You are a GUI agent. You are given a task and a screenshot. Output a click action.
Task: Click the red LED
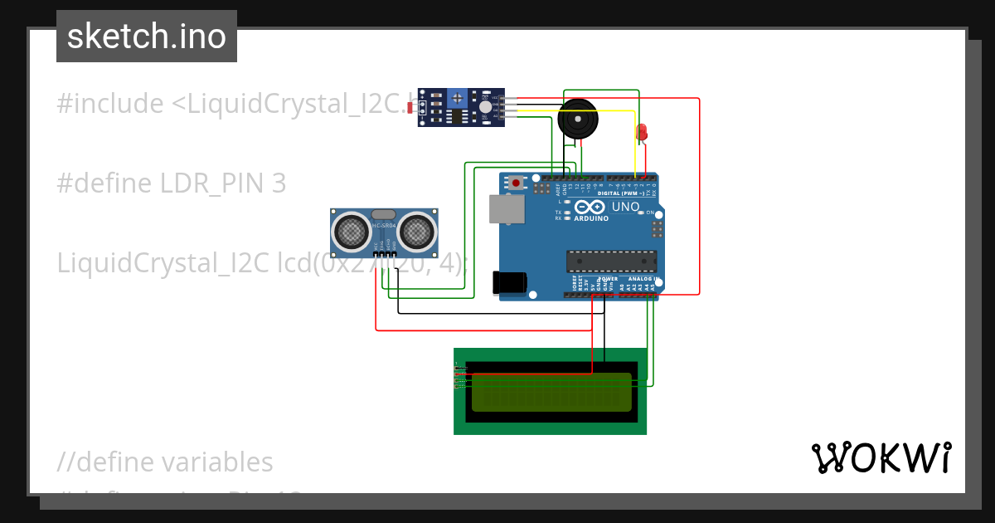point(641,131)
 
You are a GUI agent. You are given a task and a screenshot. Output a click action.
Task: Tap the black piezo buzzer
point(578,120)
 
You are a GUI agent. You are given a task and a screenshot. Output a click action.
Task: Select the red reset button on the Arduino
point(517,182)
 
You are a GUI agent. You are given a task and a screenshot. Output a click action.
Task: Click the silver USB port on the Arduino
point(505,209)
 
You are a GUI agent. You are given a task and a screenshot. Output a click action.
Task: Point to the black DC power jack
point(508,282)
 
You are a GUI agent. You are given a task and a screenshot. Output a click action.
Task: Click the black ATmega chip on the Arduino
point(611,261)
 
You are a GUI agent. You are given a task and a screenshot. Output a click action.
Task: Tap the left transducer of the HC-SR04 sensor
point(351,232)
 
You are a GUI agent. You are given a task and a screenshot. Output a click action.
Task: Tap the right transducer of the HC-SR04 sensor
point(418,232)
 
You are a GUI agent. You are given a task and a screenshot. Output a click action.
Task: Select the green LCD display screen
point(551,392)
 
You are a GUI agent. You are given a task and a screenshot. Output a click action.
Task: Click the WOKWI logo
point(881,457)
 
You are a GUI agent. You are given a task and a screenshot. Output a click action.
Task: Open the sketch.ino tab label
point(147,37)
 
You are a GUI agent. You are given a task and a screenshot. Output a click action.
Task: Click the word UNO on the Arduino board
point(625,207)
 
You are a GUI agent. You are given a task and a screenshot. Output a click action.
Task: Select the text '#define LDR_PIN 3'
point(172,183)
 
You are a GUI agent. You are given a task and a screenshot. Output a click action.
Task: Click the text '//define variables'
point(165,462)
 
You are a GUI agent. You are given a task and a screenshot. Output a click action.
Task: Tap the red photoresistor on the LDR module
point(413,107)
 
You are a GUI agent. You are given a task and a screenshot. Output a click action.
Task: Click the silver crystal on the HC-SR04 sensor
point(383,214)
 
